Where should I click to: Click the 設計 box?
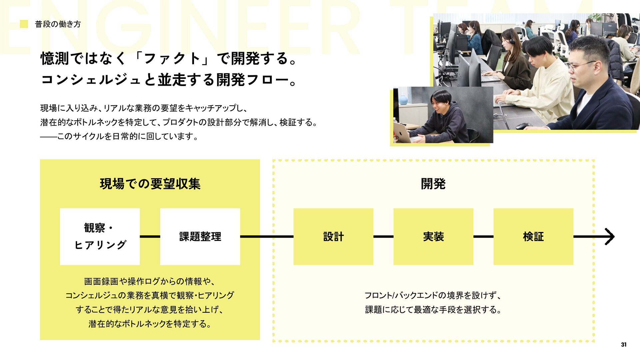[x=333, y=237]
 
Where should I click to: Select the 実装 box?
[x=433, y=237]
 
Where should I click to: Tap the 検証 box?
[x=533, y=237]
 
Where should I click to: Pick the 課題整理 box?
[x=200, y=237]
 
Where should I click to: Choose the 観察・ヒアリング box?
[x=100, y=237]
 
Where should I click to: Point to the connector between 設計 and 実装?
[x=383, y=237]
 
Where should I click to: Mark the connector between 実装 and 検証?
[x=483, y=237]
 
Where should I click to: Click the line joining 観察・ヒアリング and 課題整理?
[x=150, y=237]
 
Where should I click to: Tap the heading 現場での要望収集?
[x=150, y=184]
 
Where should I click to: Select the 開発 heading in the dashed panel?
[x=433, y=184]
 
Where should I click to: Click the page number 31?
[x=624, y=345]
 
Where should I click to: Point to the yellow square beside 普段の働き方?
[x=24, y=24]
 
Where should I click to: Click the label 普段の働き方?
[x=58, y=24]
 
